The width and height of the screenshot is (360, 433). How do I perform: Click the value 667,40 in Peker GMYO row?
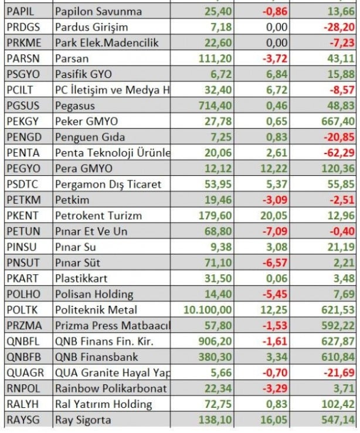337,121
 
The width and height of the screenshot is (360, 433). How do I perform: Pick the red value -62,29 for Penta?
338,153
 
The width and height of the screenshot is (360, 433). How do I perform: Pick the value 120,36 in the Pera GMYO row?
337,168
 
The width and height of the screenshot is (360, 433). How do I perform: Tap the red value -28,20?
338,27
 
